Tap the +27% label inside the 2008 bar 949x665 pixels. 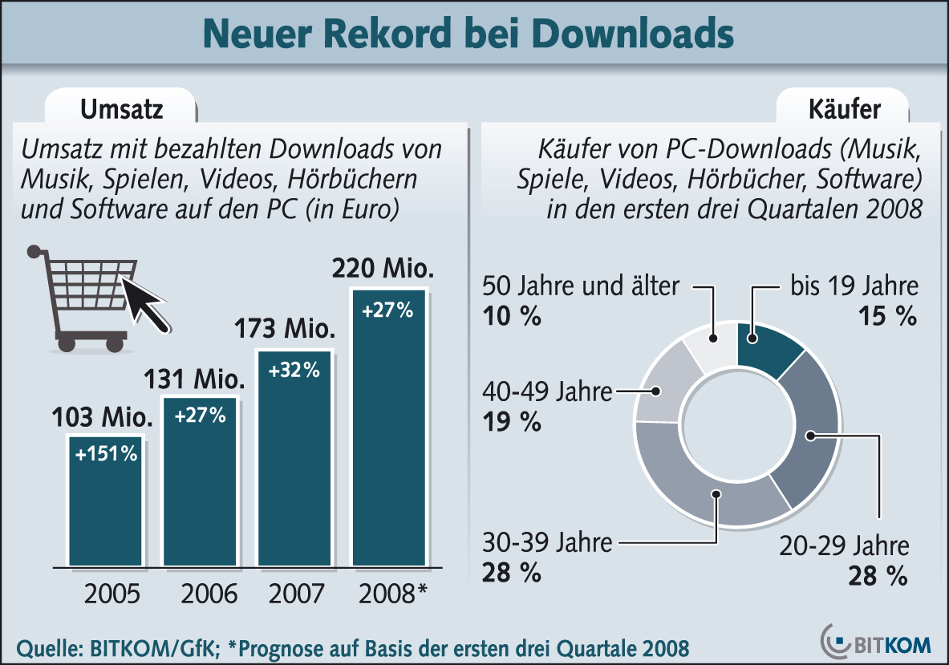(387, 310)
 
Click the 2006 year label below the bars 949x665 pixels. (209, 594)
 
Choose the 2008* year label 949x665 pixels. (393, 594)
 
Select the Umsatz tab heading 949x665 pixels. (119, 108)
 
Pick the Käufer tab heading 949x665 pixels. (845, 108)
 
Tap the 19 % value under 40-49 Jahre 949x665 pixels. (511, 421)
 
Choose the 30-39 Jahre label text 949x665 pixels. (547, 542)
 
